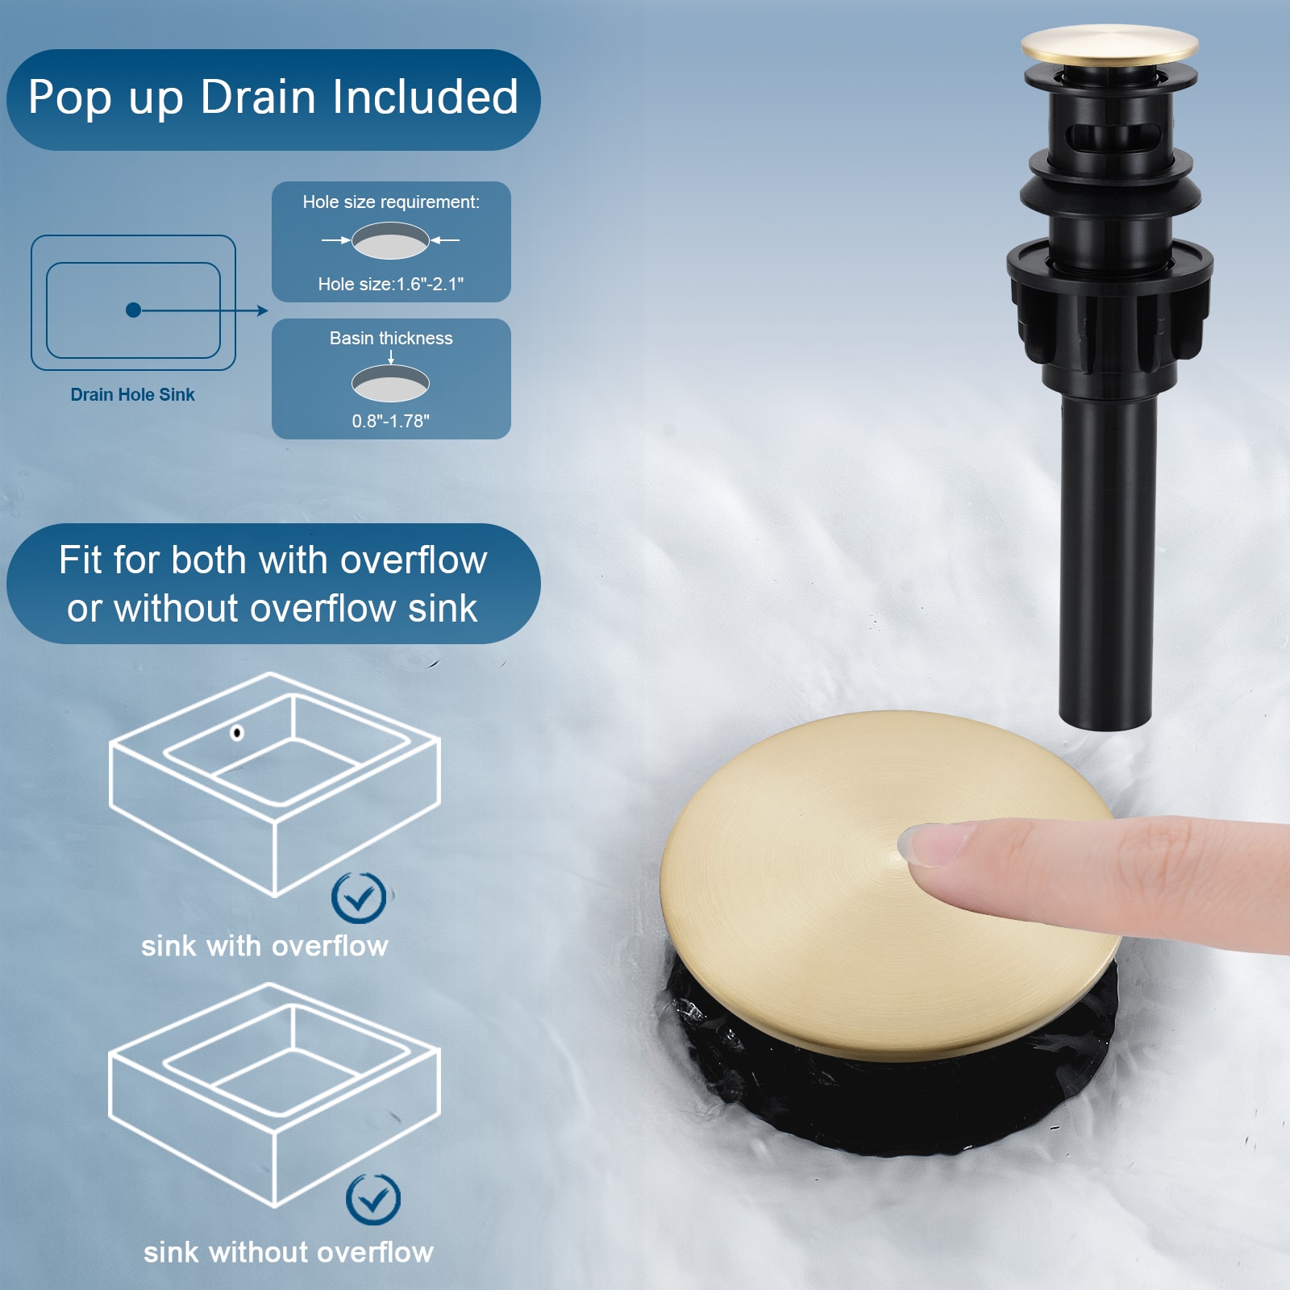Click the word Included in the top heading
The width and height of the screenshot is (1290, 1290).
[x=425, y=97]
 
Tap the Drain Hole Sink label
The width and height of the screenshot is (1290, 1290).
[x=132, y=394]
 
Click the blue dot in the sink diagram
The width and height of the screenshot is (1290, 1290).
[x=134, y=310]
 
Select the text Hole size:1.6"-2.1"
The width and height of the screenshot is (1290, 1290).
[x=391, y=284]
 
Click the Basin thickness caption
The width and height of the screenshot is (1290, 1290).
[x=391, y=339]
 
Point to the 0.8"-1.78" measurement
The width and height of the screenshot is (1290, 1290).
[x=391, y=421]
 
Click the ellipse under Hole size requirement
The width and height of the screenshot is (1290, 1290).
[x=390, y=240]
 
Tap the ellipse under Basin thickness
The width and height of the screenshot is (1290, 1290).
[x=390, y=384]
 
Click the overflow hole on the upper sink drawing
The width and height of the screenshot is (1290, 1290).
[x=237, y=733]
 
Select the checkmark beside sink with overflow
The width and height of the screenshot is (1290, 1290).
[x=359, y=897]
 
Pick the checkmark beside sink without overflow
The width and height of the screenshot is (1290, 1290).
[x=373, y=1200]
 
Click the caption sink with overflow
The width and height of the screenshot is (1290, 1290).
[x=264, y=946]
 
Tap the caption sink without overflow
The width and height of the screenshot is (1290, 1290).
[x=289, y=1252]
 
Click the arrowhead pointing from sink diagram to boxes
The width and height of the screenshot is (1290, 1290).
[x=263, y=310]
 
